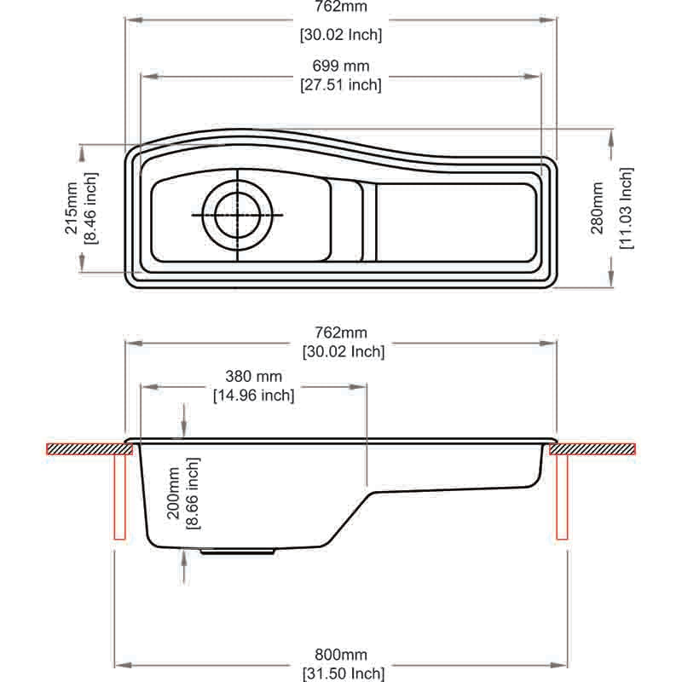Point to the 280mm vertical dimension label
[598, 208]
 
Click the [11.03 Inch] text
[627, 208]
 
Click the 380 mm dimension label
[253, 376]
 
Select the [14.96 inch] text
[253, 395]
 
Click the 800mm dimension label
[340, 655]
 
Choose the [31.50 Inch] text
[340, 673]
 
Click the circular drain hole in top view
[238, 214]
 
